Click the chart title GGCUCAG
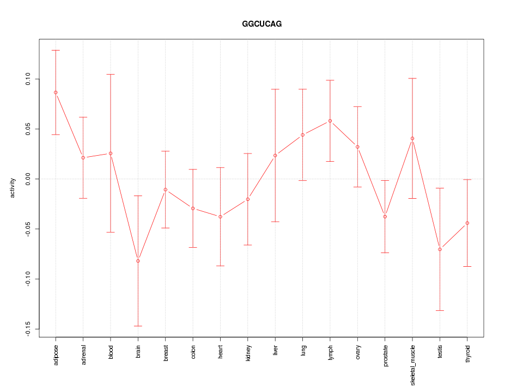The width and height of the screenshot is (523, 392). coord(261,24)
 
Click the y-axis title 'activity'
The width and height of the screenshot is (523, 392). coord(13,188)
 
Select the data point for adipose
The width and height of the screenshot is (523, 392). coord(56,93)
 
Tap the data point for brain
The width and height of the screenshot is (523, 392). coord(138,261)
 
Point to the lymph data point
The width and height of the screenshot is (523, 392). coord(330,121)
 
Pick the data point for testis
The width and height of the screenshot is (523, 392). coord(440,249)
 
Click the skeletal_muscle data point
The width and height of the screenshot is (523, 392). coord(412,138)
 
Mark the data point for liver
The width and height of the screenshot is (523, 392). coord(275,156)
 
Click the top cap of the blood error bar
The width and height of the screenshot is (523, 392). coord(111,74)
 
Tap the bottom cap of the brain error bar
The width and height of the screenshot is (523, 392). coord(138,326)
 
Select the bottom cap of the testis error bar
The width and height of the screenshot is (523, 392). coord(440,310)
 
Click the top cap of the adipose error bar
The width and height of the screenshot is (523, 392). coord(56,50)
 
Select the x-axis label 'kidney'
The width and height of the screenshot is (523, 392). coord(248,353)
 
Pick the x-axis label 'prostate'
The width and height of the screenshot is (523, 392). coord(385,355)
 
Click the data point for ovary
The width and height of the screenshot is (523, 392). coord(357,147)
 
